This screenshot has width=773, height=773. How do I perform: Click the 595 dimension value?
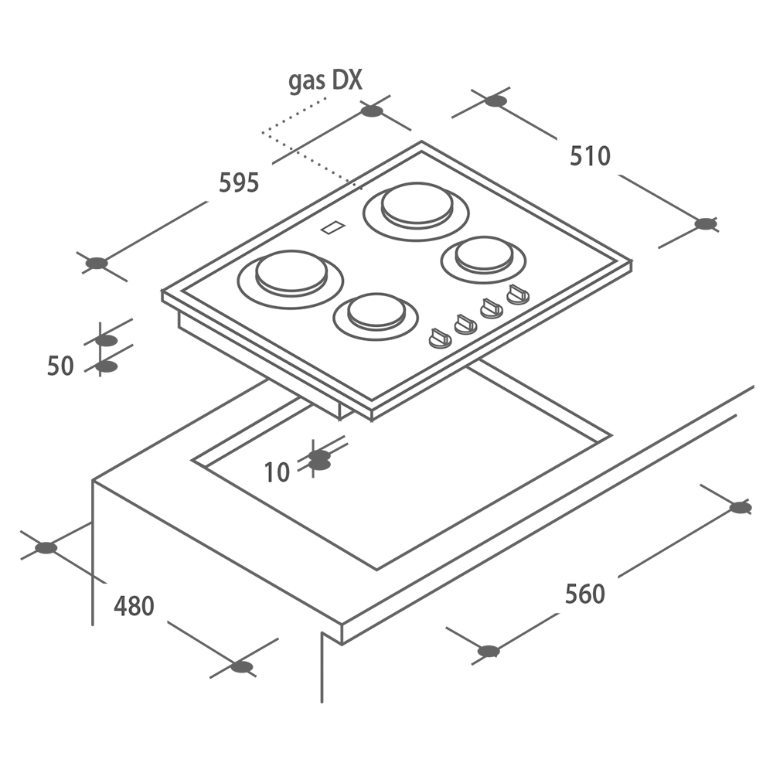[x=239, y=182]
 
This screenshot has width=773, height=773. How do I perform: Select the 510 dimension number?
[x=590, y=156]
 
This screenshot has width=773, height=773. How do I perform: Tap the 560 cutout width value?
[x=584, y=594]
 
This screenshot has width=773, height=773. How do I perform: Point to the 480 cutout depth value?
[x=134, y=606]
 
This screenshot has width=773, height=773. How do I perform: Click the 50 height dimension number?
[x=60, y=366]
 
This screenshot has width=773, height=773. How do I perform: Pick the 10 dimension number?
[x=277, y=472]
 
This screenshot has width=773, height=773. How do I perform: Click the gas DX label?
[x=325, y=81]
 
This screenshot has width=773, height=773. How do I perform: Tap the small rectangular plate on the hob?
[x=333, y=227]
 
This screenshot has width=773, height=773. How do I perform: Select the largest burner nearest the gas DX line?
[x=416, y=212]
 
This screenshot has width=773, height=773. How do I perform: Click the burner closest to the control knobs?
[x=376, y=316]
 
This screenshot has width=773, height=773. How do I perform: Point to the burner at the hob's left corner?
[x=291, y=279]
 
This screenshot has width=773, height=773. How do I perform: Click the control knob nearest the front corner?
[x=440, y=339]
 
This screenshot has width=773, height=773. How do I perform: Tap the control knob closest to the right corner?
[x=518, y=295]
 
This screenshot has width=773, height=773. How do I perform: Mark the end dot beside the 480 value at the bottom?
[x=241, y=668]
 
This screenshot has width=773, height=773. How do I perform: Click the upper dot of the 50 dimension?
[x=106, y=340]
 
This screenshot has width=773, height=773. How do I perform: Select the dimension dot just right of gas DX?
[x=372, y=111]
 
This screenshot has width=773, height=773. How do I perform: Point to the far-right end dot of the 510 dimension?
[x=706, y=224]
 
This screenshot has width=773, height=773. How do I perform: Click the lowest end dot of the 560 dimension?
[x=489, y=651]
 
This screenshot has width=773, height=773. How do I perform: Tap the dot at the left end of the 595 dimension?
[x=96, y=264]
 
